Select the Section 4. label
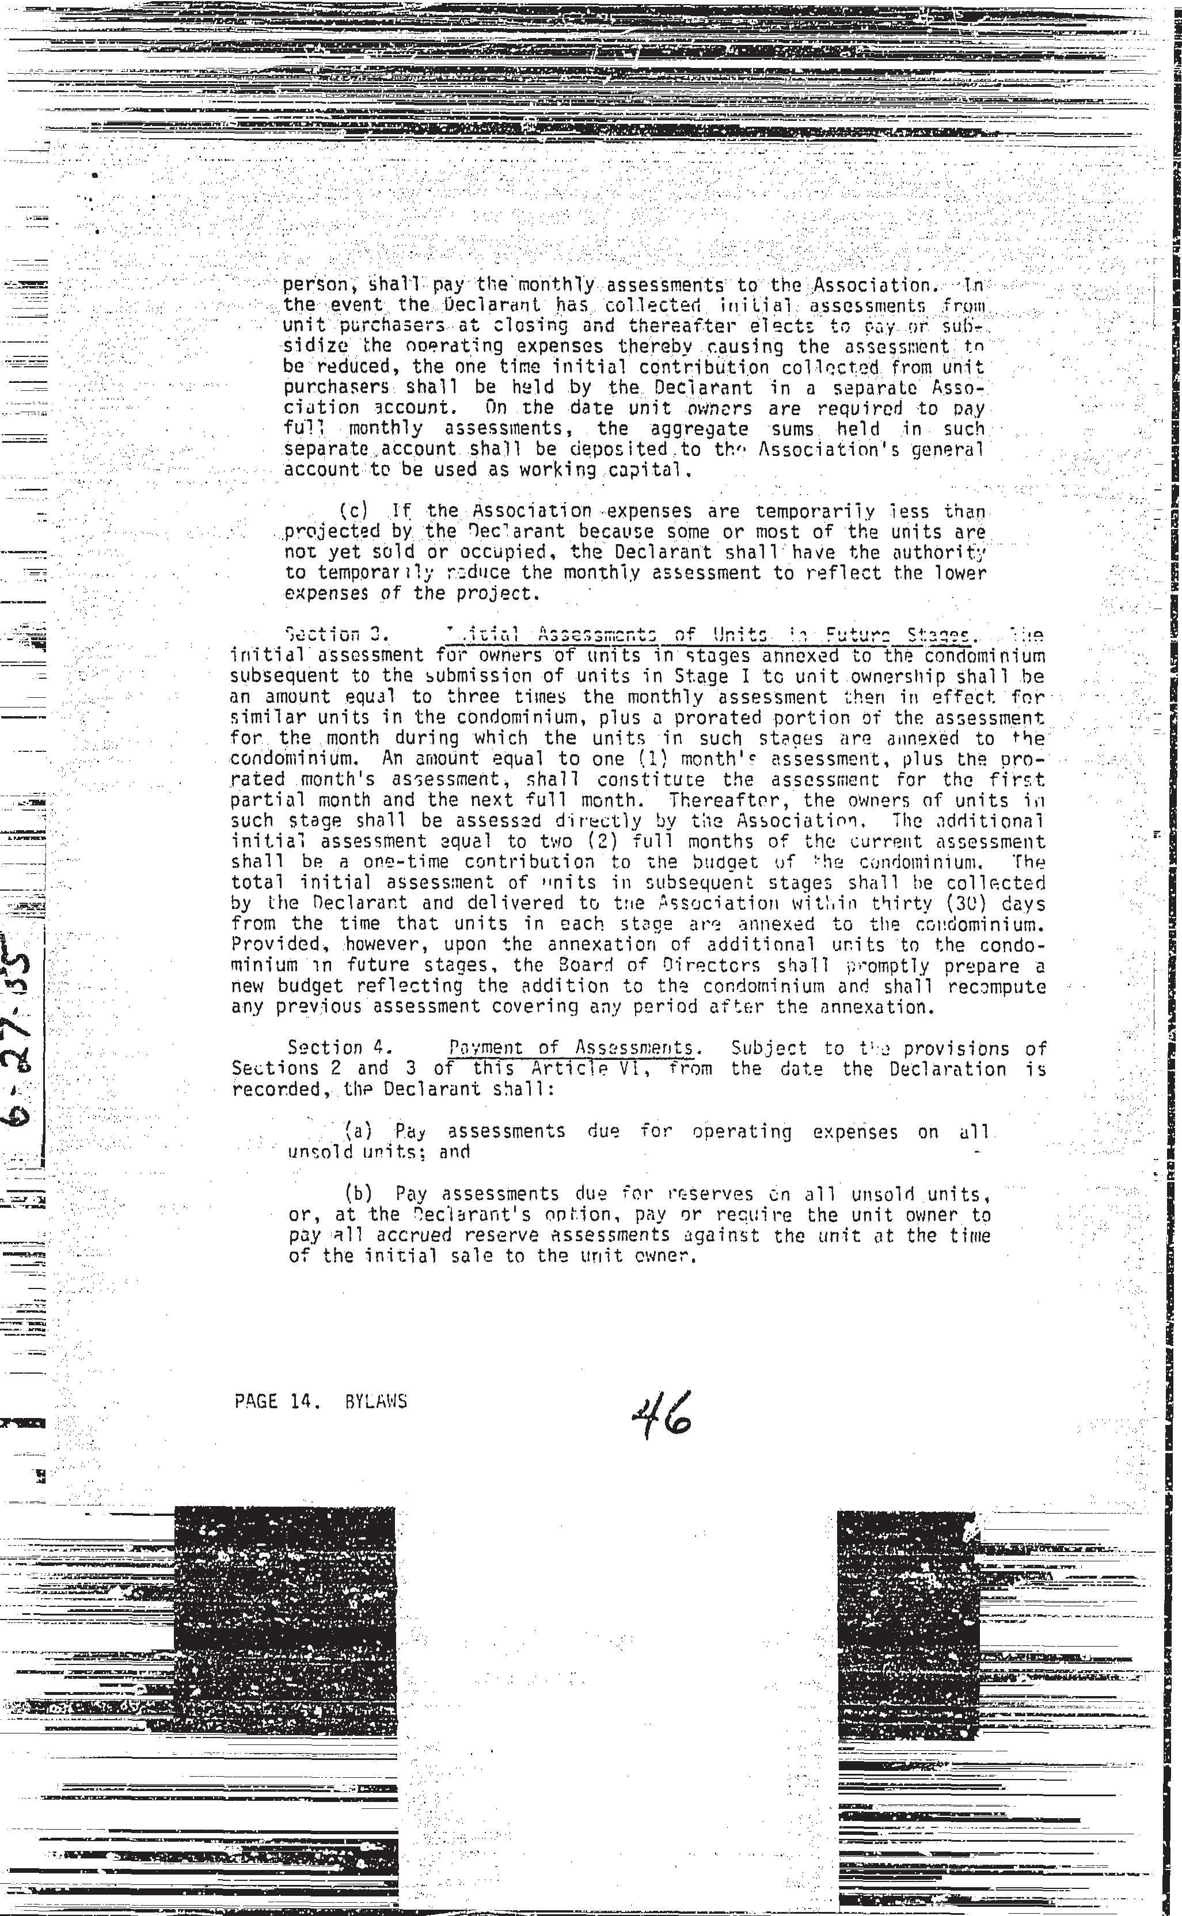[x=325, y=1048]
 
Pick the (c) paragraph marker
[x=354, y=511]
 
